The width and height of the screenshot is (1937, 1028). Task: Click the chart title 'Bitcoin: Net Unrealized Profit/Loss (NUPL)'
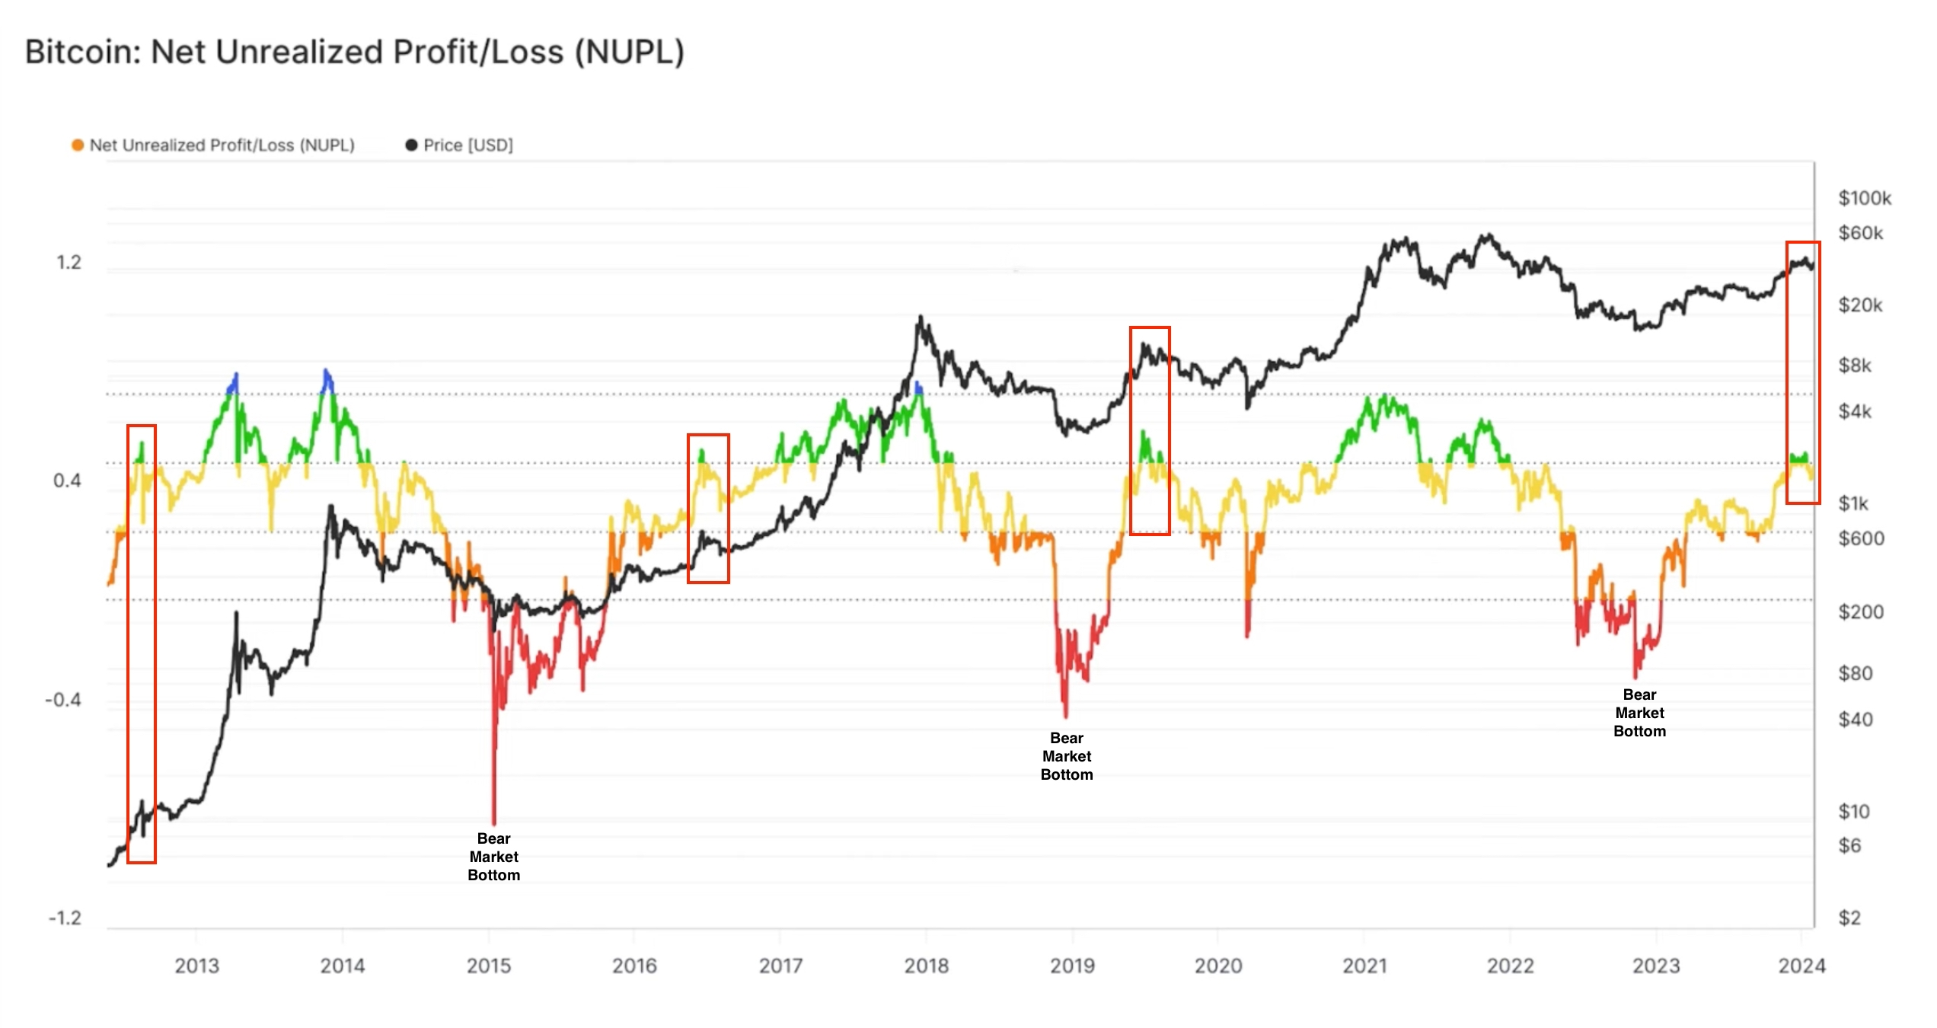pos(355,52)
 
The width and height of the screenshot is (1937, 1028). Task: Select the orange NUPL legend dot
pos(78,145)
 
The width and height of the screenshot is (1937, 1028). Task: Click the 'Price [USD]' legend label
pos(467,145)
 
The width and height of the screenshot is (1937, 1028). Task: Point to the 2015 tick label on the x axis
pos(488,966)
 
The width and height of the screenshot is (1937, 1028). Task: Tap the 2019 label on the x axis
pos(1072,966)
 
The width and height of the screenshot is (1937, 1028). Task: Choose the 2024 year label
pos(1801,966)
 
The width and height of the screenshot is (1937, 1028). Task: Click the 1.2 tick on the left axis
pos(69,263)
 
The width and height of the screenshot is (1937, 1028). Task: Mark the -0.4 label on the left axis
pos(63,700)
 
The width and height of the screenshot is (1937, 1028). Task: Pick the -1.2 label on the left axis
pos(65,918)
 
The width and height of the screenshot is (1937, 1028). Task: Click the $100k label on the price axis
pos(1864,198)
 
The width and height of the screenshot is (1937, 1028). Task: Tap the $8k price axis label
pos(1855,366)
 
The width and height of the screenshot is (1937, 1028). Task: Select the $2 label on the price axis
pos(1849,918)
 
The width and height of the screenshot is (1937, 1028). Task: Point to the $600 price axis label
pos(1861,538)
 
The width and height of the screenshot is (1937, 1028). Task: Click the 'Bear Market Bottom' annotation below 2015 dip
pos(493,857)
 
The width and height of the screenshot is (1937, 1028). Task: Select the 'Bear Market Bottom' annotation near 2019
pos(1066,756)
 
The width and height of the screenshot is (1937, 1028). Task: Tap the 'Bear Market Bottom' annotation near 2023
pos(1639,713)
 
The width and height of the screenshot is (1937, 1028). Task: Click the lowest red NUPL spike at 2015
pos(494,821)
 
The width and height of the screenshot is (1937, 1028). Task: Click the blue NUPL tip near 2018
pos(918,386)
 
